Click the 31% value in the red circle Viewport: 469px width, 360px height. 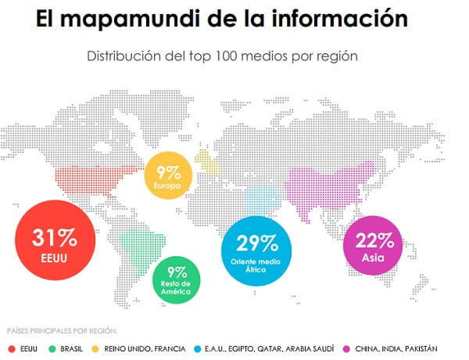coord(54,237)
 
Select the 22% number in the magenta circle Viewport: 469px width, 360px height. coord(377,241)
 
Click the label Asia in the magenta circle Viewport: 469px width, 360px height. coord(377,258)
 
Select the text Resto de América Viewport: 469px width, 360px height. coord(176,289)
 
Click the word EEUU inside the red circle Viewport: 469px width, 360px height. coord(54,255)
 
